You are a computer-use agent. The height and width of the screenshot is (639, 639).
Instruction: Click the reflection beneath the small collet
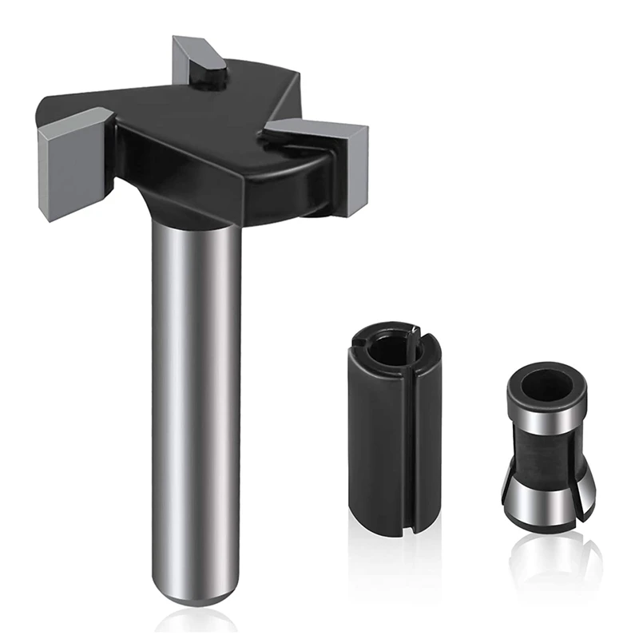(x=546, y=559)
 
